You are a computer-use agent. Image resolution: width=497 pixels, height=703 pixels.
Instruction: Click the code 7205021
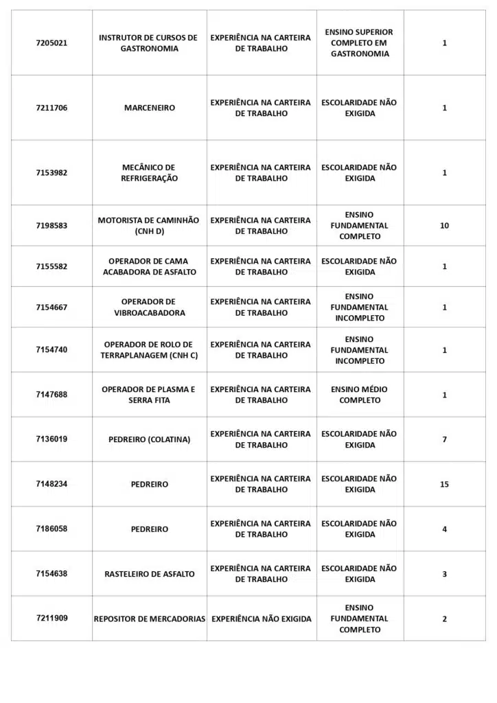pyautogui.click(x=51, y=43)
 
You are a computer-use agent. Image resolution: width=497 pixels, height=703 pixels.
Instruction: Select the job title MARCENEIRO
pyautogui.click(x=149, y=108)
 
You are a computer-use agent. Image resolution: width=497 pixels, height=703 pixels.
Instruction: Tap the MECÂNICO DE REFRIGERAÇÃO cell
pyautogui.click(x=149, y=173)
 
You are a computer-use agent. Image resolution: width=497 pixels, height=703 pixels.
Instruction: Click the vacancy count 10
pyautogui.click(x=444, y=226)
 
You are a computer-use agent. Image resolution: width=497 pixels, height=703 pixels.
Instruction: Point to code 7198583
pyautogui.click(x=51, y=226)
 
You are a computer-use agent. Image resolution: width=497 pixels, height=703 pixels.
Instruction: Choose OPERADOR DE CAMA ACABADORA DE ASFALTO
pyautogui.click(x=149, y=266)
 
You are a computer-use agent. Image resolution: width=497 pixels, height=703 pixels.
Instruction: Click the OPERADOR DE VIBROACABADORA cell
pyautogui.click(x=149, y=308)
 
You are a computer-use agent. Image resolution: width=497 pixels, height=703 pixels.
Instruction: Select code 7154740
pyautogui.click(x=51, y=350)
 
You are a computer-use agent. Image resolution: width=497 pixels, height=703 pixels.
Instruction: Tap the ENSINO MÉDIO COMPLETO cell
pyautogui.click(x=359, y=395)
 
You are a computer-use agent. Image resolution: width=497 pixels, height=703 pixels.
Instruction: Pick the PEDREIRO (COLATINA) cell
pyautogui.click(x=149, y=439)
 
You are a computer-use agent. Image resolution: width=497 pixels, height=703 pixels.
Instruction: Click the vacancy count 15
pyautogui.click(x=444, y=485)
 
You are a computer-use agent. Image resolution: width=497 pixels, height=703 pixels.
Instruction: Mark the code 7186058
pyautogui.click(x=51, y=529)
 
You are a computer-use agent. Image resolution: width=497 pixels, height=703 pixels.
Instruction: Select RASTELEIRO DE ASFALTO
pyautogui.click(x=149, y=574)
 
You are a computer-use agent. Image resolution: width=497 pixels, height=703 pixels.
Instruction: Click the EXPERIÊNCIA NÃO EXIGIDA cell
pyautogui.click(x=261, y=619)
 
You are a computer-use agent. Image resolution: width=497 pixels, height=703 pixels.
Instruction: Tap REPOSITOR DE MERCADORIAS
pyautogui.click(x=149, y=619)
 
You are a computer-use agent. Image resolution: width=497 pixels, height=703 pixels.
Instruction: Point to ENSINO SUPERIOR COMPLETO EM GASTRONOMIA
pyautogui.click(x=359, y=43)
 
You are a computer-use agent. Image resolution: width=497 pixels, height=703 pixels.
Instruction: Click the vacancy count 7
pyautogui.click(x=444, y=439)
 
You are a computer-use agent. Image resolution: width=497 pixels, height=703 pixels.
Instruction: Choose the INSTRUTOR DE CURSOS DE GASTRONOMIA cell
pyautogui.click(x=149, y=43)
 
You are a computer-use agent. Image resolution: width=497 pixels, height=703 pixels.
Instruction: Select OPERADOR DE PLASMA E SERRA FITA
pyautogui.click(x=149, y=395)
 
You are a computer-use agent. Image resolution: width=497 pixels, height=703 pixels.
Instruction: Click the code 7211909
pyautogui.click(x=51, y=619)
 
